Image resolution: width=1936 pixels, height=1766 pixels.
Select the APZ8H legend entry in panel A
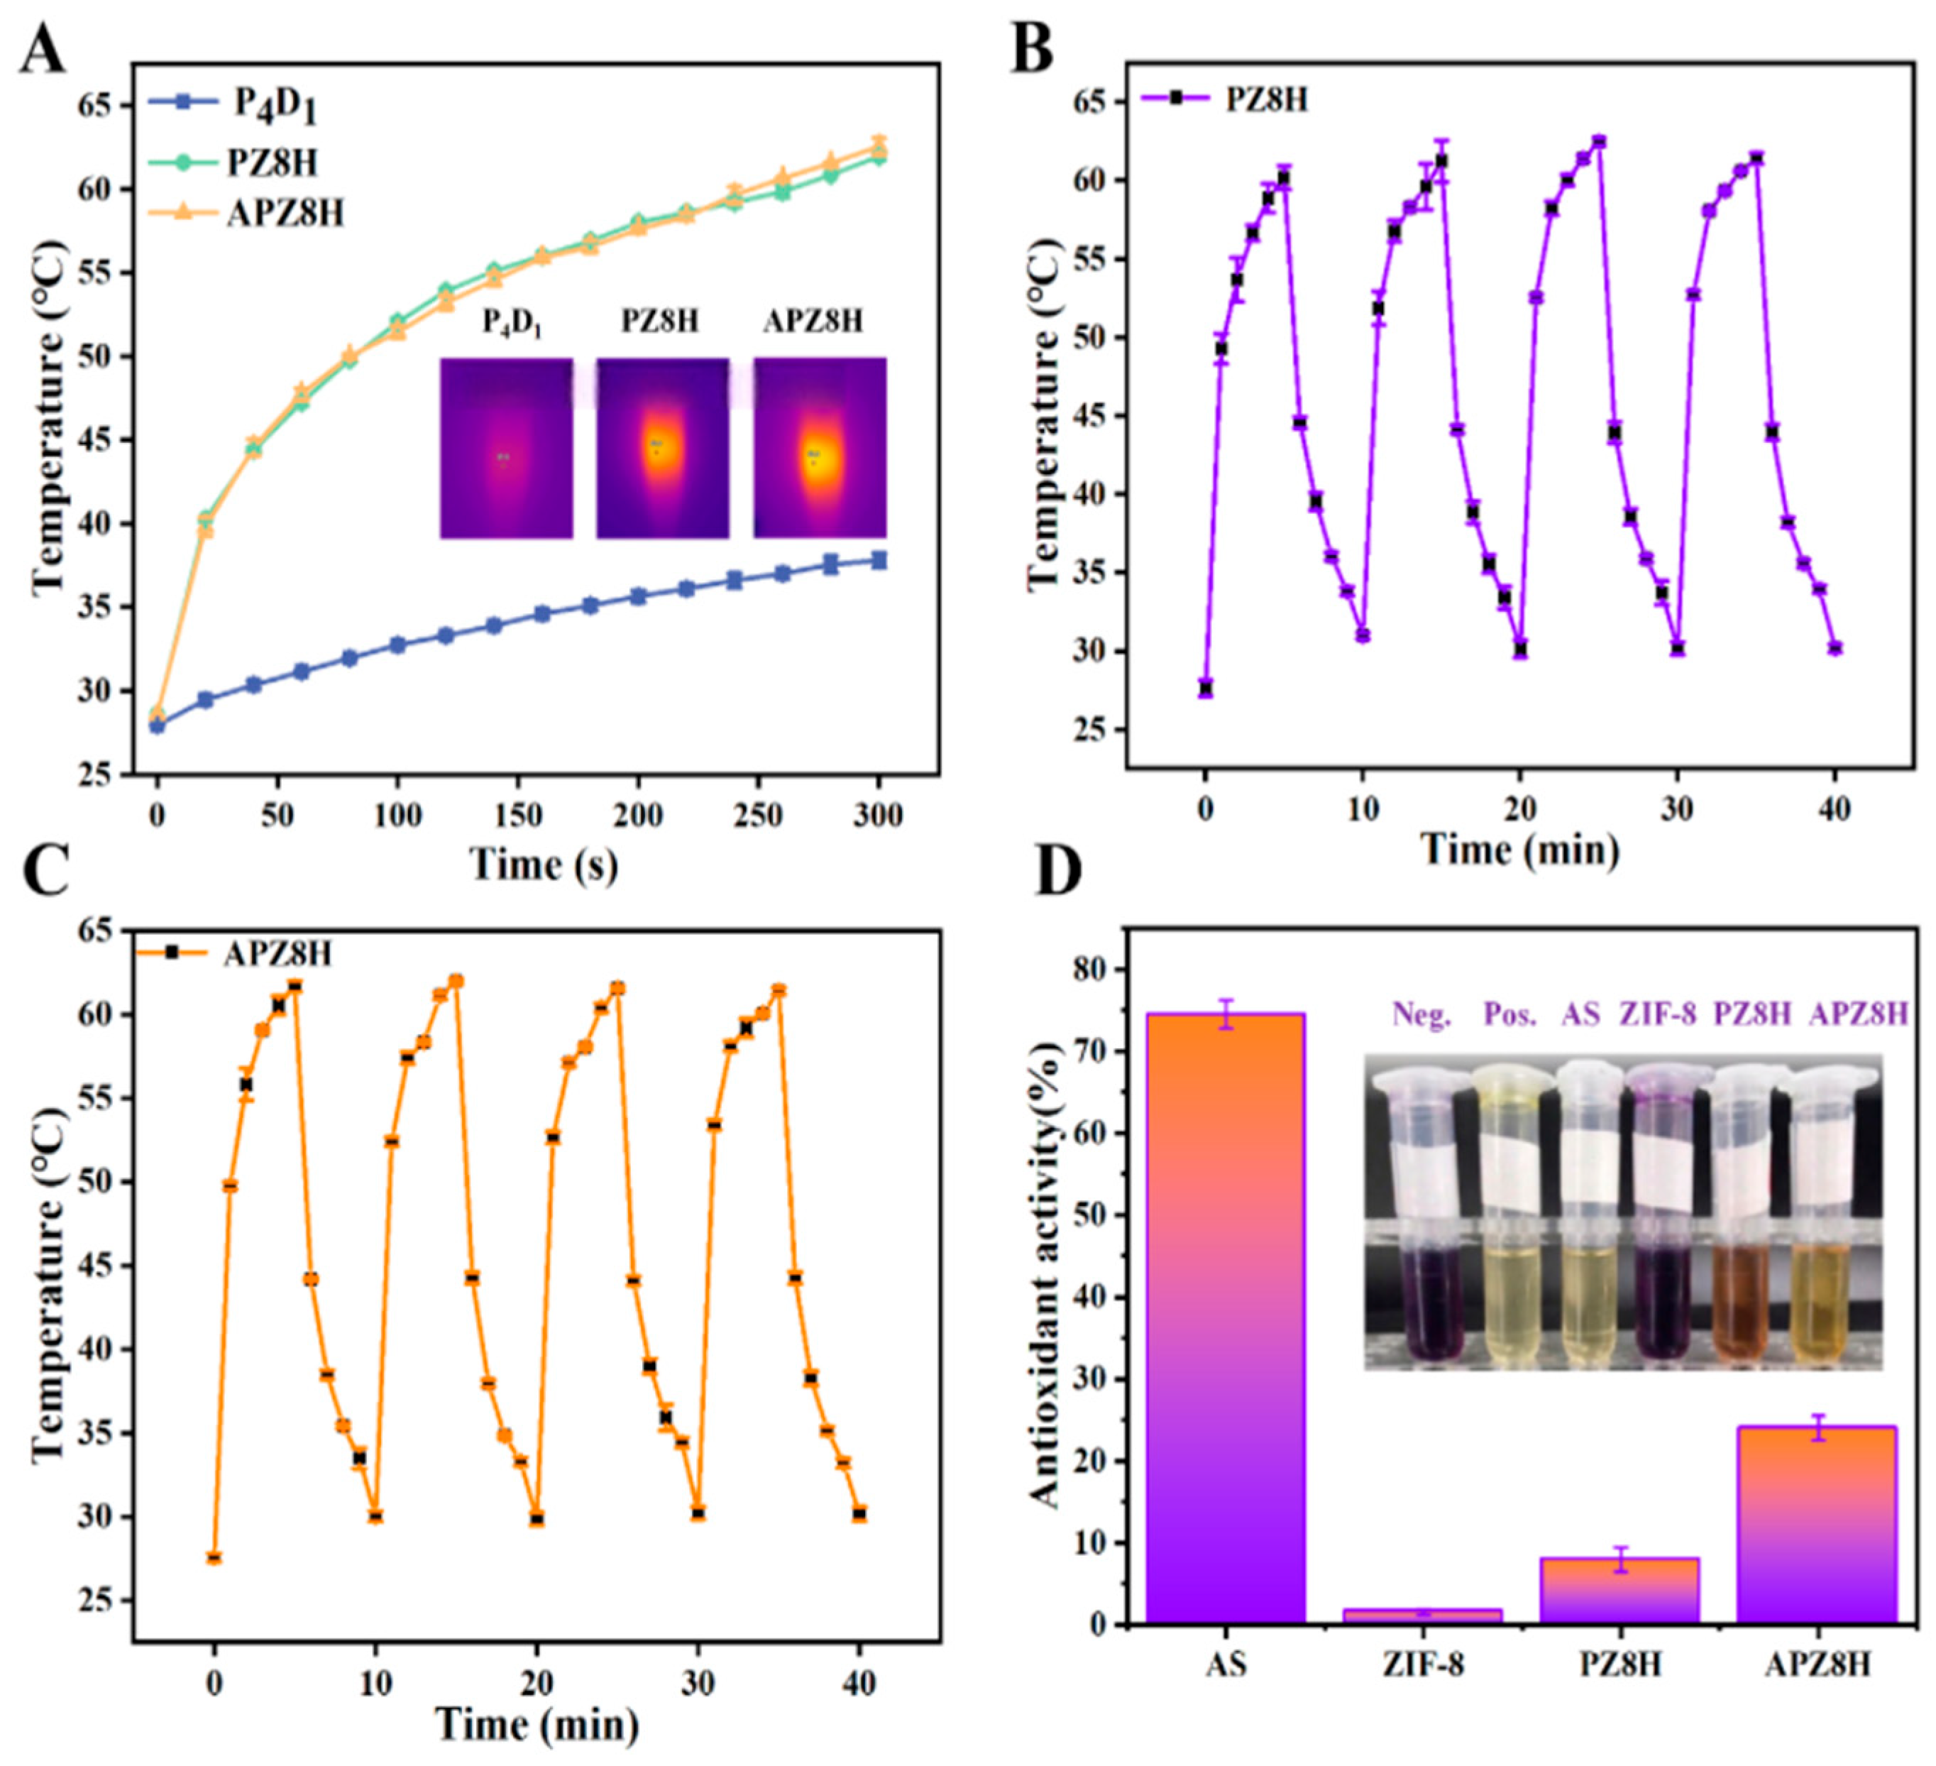pos(246,212)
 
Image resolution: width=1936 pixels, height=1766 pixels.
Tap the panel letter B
pos(1033,50)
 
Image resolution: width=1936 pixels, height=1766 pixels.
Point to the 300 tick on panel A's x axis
pos(878,816)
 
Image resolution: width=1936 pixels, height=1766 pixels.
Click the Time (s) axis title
pos(544,865)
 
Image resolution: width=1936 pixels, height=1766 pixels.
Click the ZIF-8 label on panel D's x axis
pos(1422,1663)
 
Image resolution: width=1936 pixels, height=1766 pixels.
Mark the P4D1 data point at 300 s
pos(878,560)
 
